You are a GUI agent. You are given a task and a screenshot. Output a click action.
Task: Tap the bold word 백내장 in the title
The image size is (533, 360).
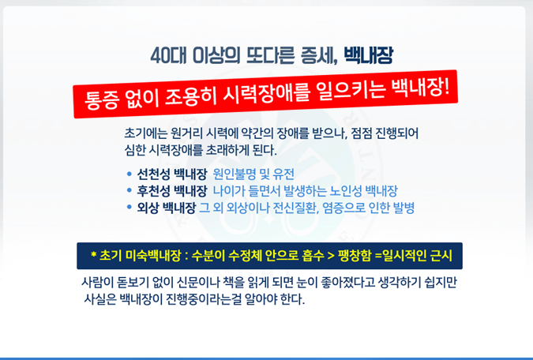coord(369,55)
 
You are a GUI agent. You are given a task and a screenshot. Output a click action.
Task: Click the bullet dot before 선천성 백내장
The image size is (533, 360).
coord(129,174)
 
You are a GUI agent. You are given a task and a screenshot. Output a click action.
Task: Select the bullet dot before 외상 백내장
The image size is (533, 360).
coord(129,207)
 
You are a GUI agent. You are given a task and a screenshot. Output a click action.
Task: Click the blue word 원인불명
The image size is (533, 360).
coord(235,174)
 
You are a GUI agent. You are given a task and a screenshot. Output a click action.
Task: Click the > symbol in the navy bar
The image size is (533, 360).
coord(331,256)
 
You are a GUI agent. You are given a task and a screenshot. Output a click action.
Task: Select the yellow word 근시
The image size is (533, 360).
coord(441,256)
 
